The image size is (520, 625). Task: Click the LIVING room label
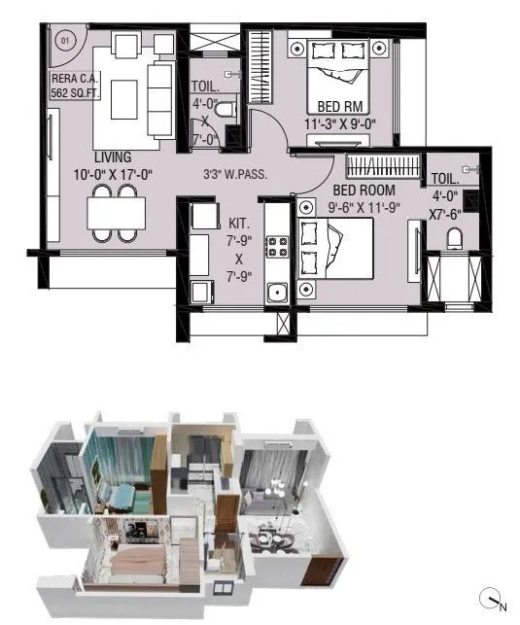pos(114,157)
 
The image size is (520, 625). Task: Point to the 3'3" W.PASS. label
pos(235,175)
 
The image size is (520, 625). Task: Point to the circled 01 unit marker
pos(66,41)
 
